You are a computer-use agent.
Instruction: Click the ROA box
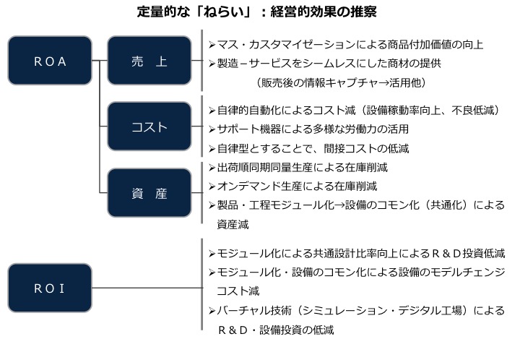[x=50, y=61]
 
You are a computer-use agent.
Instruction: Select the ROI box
[x=50, y=288]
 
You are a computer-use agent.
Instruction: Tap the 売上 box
[x=149, y=61]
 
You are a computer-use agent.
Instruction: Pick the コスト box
[x=149, y=127]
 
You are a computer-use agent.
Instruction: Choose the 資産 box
[x=149, y=193]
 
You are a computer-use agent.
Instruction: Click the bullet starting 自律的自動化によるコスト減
[x=358, y=111]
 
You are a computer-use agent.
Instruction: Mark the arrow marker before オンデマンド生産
[x=212, y=186]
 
